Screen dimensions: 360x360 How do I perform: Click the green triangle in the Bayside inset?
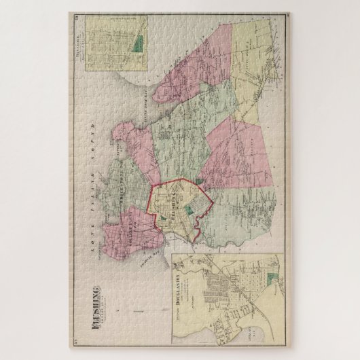tap(139, 47)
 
